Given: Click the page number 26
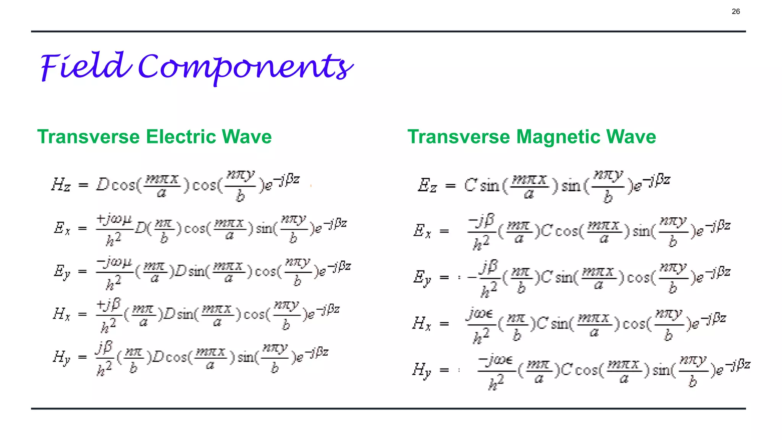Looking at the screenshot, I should coord(735,11).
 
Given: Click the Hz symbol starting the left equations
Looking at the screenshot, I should coord(61,185).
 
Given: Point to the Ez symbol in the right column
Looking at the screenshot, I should coord(427,186).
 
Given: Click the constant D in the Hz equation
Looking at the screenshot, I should coord(102,185).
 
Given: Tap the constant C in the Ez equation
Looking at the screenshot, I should coord(470,186).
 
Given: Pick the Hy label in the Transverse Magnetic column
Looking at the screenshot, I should coord(422,370).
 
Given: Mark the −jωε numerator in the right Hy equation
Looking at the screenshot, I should coord(496,360).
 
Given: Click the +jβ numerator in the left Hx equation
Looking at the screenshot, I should coord(108,305).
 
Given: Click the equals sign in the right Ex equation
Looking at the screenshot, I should coord(444,231).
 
